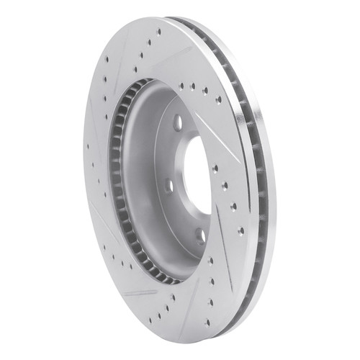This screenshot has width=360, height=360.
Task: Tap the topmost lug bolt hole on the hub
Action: pos(178,122)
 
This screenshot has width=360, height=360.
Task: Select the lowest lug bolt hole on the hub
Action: pos(201,235)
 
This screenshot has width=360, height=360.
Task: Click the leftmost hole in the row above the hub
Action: pos(180,85)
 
